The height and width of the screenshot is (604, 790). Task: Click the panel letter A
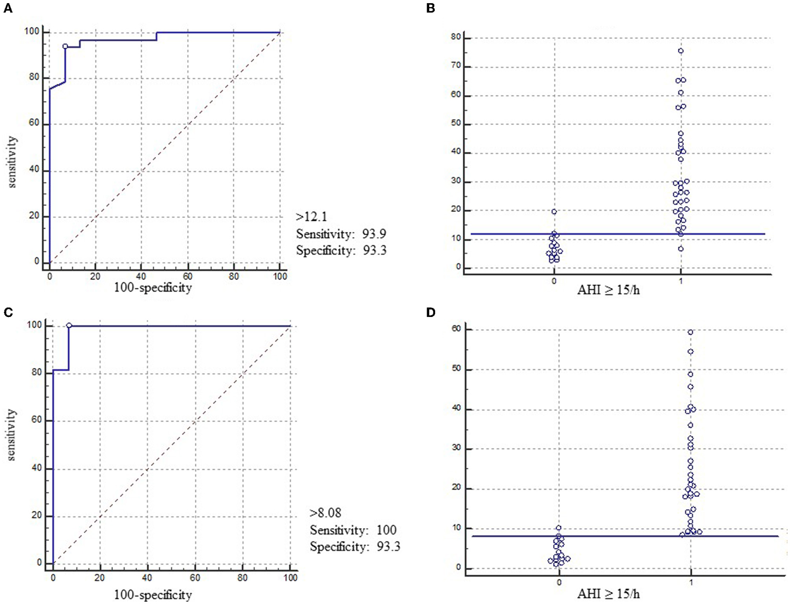click(x=8, y=8)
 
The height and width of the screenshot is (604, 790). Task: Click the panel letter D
click(x=431, y=312)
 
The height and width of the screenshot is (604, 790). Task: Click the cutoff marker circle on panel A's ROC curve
click(x=65, y=46)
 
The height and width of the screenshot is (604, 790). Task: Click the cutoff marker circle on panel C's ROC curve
click(x=69, y=326)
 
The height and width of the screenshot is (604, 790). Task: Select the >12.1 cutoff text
click(x=312, y=217)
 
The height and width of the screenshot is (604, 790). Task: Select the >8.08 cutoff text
click(x=325, y=513)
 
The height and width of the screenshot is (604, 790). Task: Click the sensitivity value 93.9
click(x=374, y=234)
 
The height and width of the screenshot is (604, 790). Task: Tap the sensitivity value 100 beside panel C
click(x=386, y=530)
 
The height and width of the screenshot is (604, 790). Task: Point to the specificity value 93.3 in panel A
click(x=374, y=251)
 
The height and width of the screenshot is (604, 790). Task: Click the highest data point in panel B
click(x=681, y=51)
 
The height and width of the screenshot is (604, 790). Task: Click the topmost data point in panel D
click(x=691, y=333)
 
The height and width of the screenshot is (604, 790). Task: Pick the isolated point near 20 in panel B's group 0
click(x=554, y=212)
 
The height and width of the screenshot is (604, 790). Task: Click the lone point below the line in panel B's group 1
click(x=681, y=249)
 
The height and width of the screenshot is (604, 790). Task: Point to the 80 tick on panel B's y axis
click(x=455, y=37)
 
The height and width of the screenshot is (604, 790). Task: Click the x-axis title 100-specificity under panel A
click(x=153, y=288)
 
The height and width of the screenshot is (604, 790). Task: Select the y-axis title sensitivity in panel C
click(x=12, y=435)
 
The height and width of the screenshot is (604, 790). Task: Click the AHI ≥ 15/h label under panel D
click(x=608, y=594)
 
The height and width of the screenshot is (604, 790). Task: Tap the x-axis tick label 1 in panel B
click(x=681, y=281)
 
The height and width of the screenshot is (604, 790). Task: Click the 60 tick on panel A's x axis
click(x=188, y=276)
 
